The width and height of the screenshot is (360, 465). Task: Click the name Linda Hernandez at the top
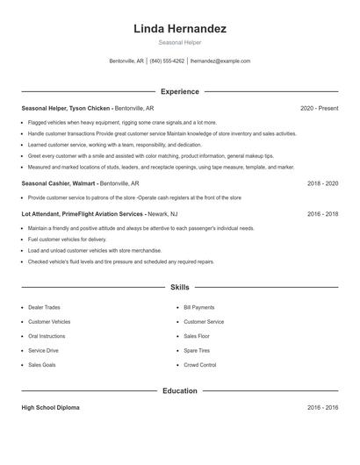click(180, 29)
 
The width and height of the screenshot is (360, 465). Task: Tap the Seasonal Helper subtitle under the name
click(180, 42)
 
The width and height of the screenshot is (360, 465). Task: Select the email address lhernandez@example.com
click(220, 61)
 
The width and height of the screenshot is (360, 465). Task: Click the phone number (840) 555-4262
click(167, 61)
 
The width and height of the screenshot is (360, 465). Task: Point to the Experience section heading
click(180, 91)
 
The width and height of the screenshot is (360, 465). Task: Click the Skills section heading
click(180, 287)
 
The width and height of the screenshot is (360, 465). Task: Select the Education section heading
click(180, 390)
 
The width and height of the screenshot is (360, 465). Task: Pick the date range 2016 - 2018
click(322, 213)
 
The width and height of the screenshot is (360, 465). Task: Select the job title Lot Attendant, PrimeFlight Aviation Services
click(83, 213)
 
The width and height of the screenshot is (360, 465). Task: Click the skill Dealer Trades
click(44, 308)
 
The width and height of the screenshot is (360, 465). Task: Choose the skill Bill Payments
click(198, 308)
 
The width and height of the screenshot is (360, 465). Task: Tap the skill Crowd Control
click(200, 364)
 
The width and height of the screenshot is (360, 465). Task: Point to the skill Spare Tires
click(197, 350)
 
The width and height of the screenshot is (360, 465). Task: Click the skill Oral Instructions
click(47, 336)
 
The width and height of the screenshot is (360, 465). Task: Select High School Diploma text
click(52, 408)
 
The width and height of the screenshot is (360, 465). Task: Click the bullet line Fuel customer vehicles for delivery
click(67, 239)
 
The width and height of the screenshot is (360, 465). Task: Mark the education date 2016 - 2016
click(322, 408)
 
